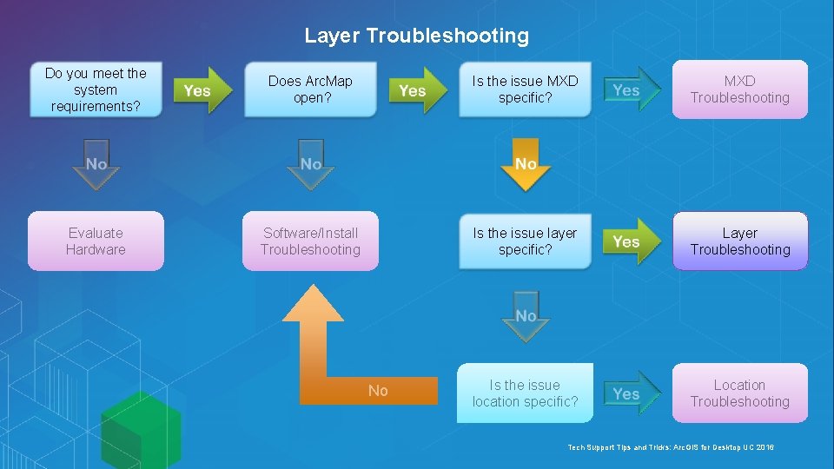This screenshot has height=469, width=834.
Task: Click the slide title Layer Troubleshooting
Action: pyautogui.click(x=416, y=36)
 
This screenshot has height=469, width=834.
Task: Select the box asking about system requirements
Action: pyautogui.click(x=96, y=89)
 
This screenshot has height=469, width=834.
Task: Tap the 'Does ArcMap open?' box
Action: pyautogui.click(x=310, y=89)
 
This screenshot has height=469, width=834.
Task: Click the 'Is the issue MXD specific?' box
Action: pyautogui.click(x=525, y=89)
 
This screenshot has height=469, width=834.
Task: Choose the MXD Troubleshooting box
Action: pyautogui.click(x=739, y=89)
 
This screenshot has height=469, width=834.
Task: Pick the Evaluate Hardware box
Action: pyautogui.click(x=96, y=241)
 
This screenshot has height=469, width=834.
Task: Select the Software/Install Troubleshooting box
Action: pyautogui.click(x=310, y=241)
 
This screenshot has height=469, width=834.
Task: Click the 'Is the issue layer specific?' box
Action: pyautogui.click(x=525, y=241)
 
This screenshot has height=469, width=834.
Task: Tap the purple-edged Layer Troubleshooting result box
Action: pyautogui.click(x=739, y=241)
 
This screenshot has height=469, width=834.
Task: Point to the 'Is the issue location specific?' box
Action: pyautogui.click(x=525, y=393)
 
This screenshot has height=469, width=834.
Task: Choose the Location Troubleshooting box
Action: pyautogui.click(x=739, y=393)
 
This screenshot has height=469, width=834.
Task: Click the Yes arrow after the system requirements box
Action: pyautogui.click(x=202, y=89)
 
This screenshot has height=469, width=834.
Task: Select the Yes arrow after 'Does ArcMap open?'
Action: pyautogui.click(x=416, y=89)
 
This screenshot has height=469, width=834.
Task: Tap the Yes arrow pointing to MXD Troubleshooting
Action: pyautogui.click(x=631, y=89)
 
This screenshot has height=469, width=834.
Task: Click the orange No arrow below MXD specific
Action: pyautogui.click(x=526, y=163)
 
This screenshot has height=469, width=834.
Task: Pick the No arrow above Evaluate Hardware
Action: pyautogui.click(x=96, y=163)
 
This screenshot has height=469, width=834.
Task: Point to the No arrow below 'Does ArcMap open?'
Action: pyautogui.click(x=310, y=163)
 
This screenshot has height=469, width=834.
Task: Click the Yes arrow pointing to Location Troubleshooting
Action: pyautogui.click(x=631, y=393)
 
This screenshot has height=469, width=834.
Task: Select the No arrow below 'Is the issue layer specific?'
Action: pyautogui.click(x=526, y=316)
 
